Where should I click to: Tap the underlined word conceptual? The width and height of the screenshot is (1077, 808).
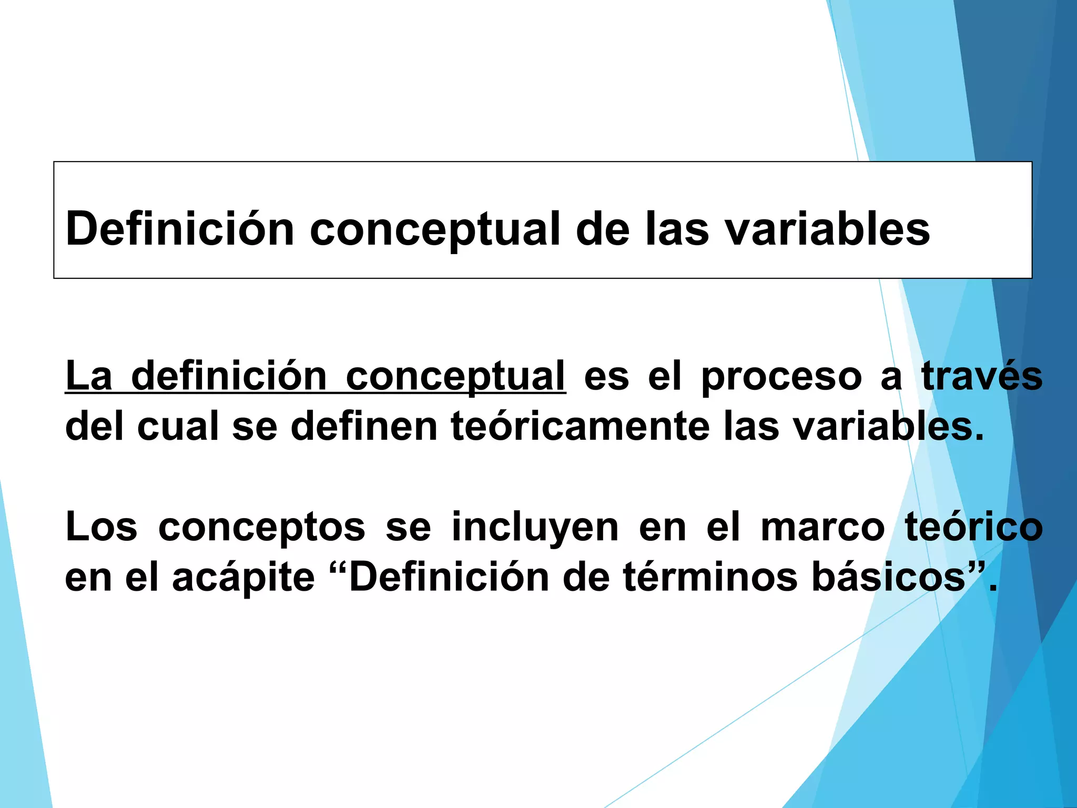point(455,377)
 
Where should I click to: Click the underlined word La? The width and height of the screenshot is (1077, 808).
point(89,377)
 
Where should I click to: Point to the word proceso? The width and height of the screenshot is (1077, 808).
point(781,377)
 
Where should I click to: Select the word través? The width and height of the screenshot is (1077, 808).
point(982,377)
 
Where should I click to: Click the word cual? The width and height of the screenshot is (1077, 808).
point(178,426)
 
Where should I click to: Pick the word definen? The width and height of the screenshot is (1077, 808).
point(364,426)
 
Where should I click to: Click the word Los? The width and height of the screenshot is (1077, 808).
point(101,527)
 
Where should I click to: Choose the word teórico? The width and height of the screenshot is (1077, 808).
point(974,527)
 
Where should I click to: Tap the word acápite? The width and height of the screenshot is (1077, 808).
point(243,578)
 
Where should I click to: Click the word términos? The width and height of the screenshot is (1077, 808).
point(710,577)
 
